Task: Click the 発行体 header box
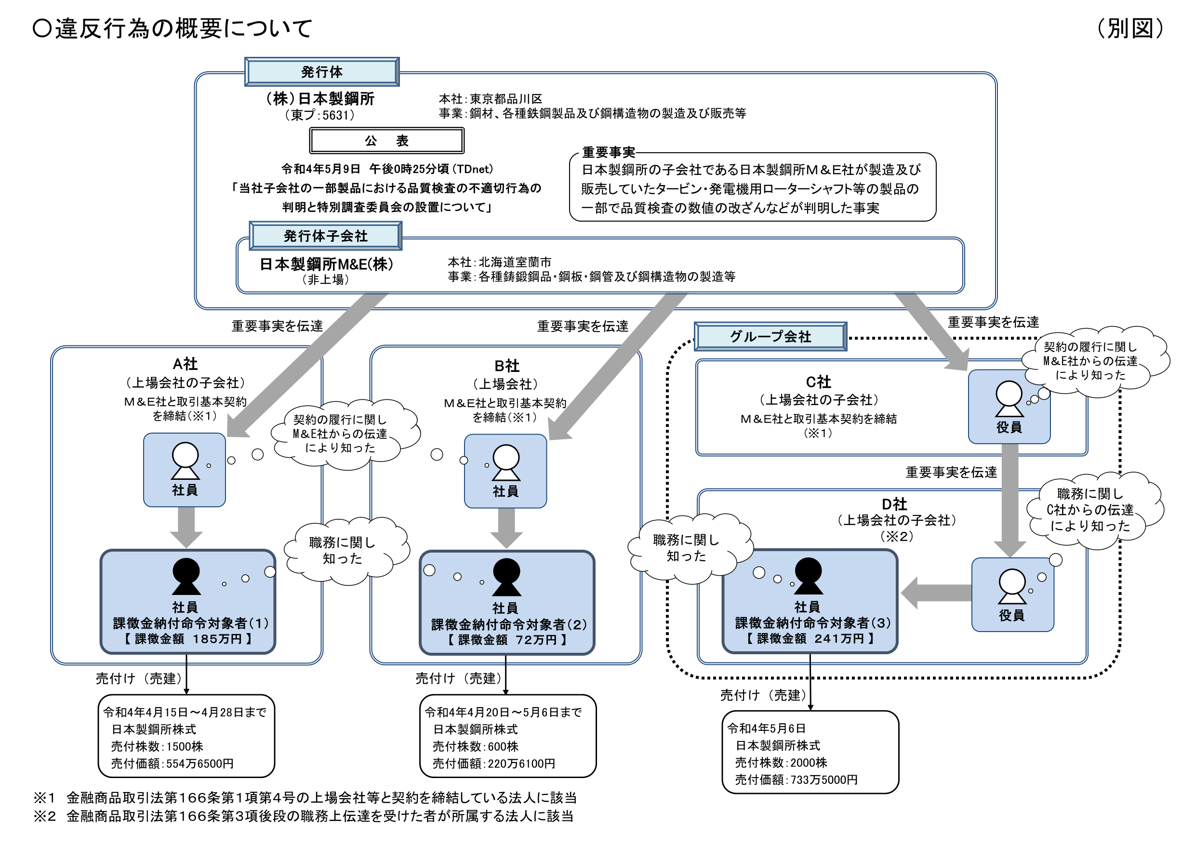click(322, 72)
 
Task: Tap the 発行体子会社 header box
click(325, 236)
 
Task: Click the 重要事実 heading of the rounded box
click(608, 152)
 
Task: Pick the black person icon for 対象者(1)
click(186, 577)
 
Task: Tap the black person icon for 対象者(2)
click(506, 577)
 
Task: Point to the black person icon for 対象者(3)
click(808, 576)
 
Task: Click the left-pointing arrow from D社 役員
click(935, 593)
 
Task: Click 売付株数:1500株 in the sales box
click(157, 746)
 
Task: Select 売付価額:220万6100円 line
click(493, 763)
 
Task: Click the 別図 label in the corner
click(1129, 28)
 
